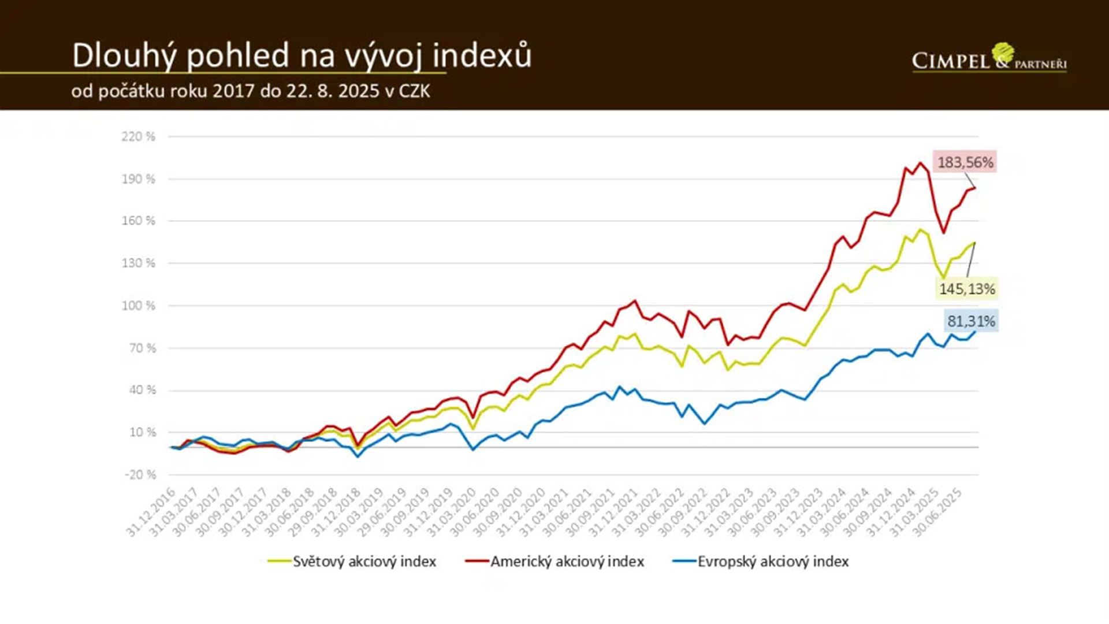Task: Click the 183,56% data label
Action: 965,162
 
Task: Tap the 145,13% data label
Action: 967,289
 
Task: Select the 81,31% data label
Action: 971,321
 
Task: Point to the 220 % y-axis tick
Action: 139,137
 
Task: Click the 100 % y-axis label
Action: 139,306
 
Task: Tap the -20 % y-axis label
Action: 140,475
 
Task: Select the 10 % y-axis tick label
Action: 142,432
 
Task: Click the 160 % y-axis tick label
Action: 139,221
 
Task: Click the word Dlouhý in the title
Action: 124,56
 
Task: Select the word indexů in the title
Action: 482,56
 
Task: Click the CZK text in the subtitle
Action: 414,91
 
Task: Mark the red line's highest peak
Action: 921,163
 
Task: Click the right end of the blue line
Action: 976,331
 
